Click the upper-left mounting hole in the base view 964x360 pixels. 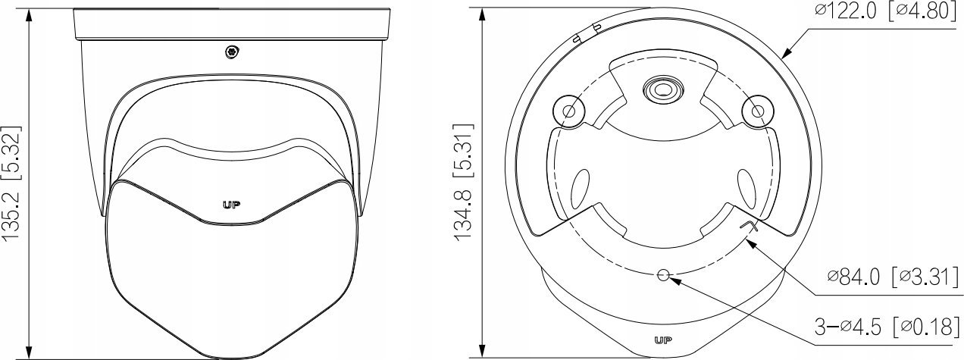(x=568, y=111)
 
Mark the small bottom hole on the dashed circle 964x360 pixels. (x=664, y=276)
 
